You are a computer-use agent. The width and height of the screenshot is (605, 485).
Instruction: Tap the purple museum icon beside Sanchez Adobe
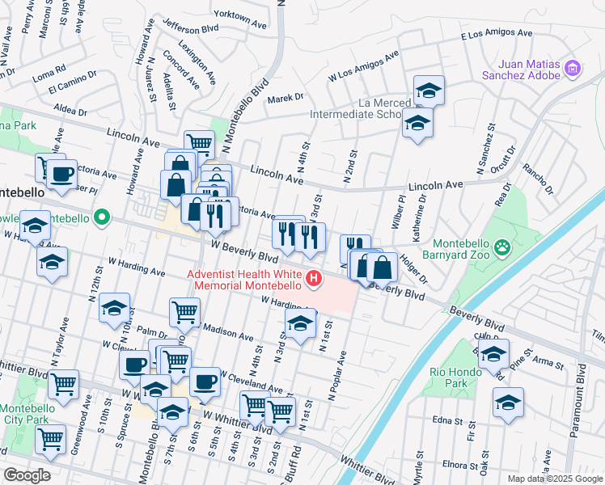coord(573,68)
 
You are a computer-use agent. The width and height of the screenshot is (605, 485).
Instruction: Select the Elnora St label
coord(463,465)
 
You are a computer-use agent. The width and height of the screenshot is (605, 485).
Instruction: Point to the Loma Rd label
coord(49,70)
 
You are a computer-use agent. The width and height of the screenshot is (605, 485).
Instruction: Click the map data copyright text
coord(554,479)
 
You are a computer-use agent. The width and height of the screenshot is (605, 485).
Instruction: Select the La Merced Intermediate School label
coord(356,109)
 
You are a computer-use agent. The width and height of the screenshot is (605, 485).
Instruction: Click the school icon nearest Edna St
coord(508,403)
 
